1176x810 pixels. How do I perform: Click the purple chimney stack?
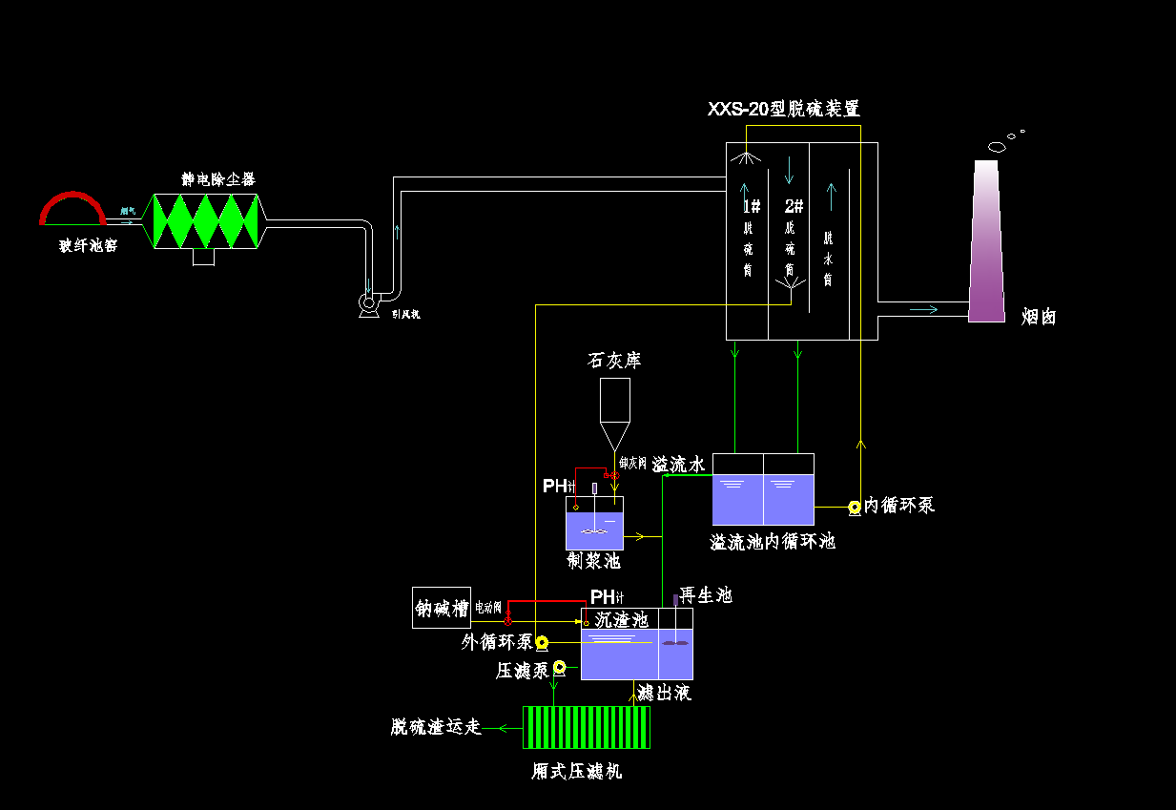click(x=987, y=248)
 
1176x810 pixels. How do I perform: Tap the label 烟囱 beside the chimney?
click(x=1039, y=317)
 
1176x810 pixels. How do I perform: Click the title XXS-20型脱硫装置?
click(x=783, y=110)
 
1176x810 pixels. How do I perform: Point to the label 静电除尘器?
click(x=218, y=179)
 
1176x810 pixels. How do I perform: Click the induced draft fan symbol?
click(x=368, y=304)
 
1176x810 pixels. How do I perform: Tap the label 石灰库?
click(x=614, y=361)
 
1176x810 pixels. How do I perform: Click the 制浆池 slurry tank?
click(x=594, y=524)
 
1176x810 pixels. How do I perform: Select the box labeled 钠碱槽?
click(x=442, y=608)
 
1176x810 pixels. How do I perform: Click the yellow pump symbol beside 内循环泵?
click(x=855, y=507)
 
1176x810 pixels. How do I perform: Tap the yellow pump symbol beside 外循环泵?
click(x=542, y=642)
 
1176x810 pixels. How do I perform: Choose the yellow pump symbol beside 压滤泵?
click(x=559, y=667)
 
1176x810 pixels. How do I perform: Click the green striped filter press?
click(x=587, y=727)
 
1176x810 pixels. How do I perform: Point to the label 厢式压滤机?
click(x=577, y=772)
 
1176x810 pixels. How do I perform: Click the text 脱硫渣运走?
click(x=436, y=727)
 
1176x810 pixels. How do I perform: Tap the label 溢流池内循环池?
click(x=773, y=542)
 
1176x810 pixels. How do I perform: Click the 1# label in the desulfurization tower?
click(x=752, y=206)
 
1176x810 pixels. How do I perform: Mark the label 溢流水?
click(x=678, y=465)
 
